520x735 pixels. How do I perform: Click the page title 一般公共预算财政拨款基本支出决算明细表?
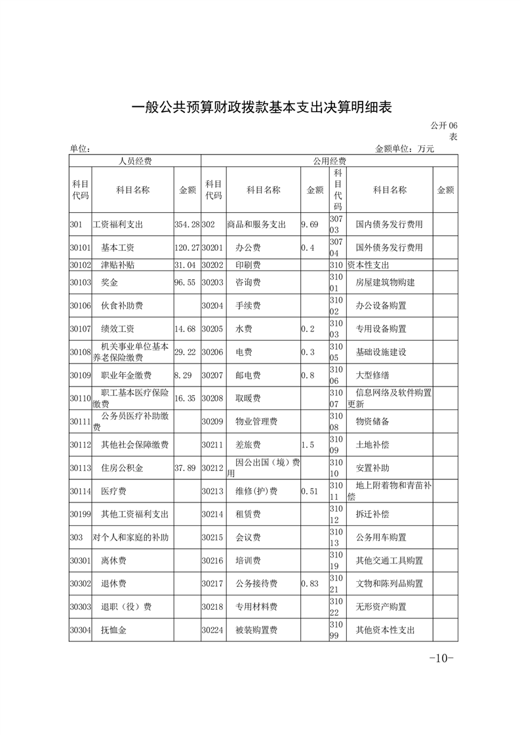pos(260,107)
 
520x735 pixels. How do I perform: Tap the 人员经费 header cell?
pos(134,161)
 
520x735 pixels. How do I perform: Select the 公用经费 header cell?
pos(330,161)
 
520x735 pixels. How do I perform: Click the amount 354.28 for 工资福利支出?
pos(187,225)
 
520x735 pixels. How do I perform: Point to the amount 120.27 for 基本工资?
pos(187,248)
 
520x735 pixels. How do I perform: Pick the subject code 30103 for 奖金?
pos(79,282)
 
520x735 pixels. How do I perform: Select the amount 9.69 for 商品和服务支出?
pos(310,225)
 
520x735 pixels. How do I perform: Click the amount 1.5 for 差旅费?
pos(307,445)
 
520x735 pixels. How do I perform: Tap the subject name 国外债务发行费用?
pos(389,248)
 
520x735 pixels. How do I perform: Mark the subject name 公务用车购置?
pos(380,538)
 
